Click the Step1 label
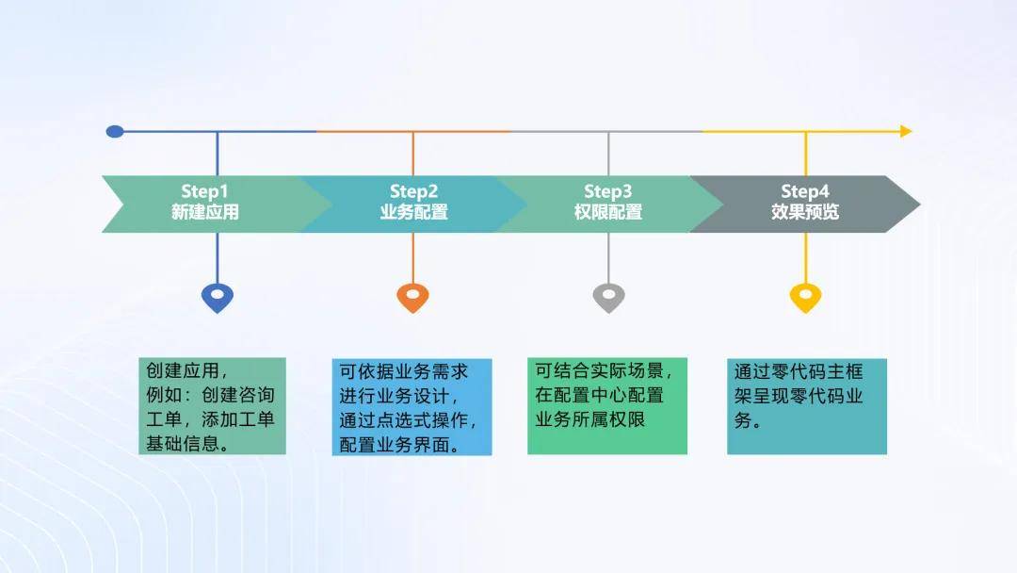(204, 191)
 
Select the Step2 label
(413, 191)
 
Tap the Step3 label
(607, 191)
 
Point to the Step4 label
(805, 191)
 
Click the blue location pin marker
(218, 297)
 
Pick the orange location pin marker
(413, 297)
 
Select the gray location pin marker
(608, 297)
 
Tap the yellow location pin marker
(805, 297)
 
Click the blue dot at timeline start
(115, 132)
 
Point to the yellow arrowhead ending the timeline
(906, 132)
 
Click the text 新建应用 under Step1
(205, 212)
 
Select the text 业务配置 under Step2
(413, 212)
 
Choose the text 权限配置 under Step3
(607, 212)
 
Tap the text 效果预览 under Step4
(805, 212)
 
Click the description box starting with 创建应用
(212, 406)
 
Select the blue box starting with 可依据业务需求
(412, 407)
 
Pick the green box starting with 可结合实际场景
(607, 406)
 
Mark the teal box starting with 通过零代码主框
(807, 407)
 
